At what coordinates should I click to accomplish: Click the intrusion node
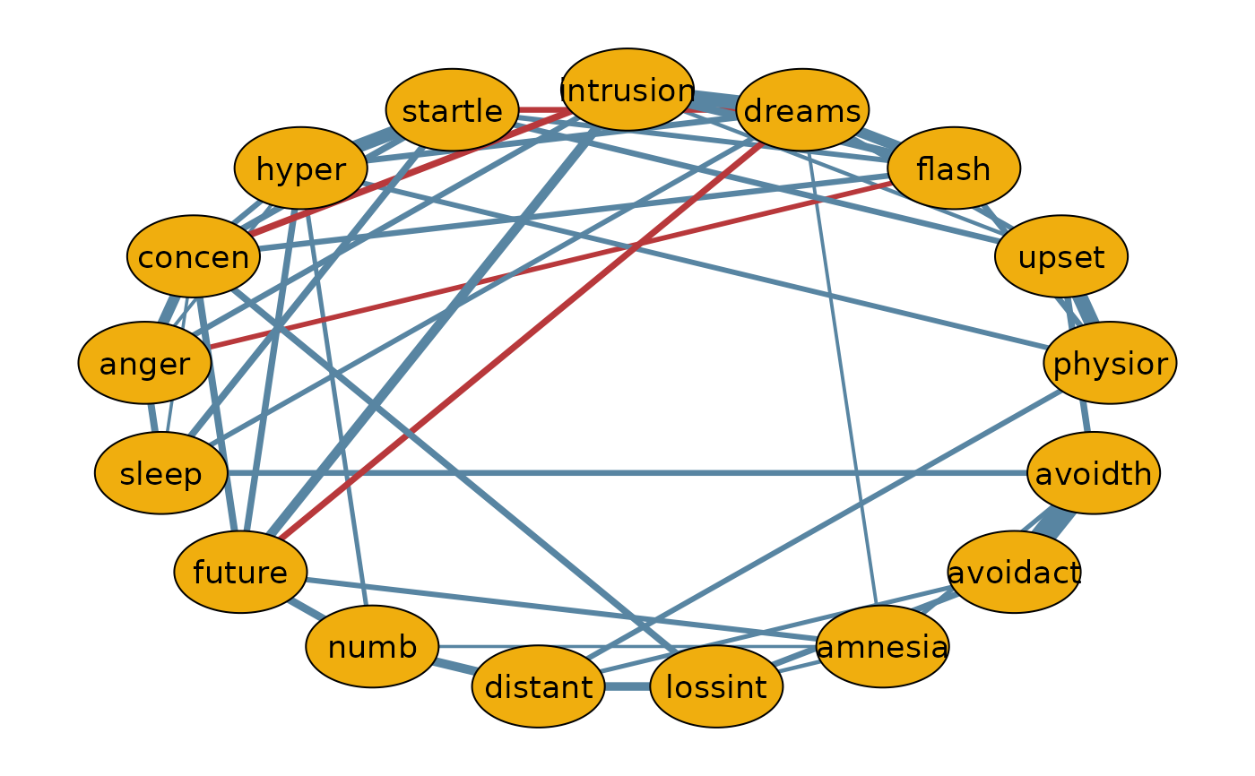point(627,90)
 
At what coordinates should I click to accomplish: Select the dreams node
point(802,109)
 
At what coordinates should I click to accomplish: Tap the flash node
point(954,168)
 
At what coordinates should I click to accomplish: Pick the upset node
point(1061,256)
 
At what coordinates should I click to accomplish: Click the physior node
point(1110,363)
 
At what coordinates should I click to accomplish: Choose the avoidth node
point(1094,473)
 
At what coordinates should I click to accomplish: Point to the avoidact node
point(1014,573)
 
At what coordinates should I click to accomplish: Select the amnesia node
point(882,647)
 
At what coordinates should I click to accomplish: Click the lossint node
point(716,686)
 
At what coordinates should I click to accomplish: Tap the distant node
point(539,686)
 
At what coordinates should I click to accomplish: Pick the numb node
point(372,647)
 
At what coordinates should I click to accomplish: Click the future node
point(240,573)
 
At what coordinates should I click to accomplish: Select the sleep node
point(161,473)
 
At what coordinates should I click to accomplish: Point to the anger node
point(144,363)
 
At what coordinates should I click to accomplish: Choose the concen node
point(194,256)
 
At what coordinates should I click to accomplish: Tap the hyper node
point(301,168)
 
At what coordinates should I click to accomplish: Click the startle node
point(452,109)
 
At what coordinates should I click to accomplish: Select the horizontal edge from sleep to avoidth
point(627,473)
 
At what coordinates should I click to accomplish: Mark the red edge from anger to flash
point(551,264)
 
